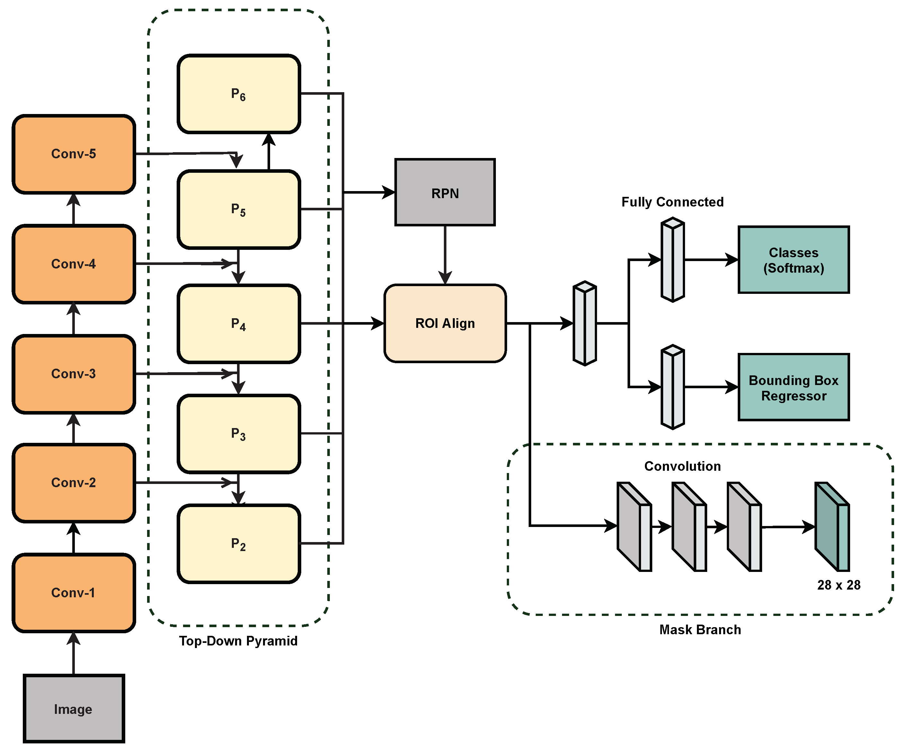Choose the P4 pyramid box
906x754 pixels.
[x=239, y=323]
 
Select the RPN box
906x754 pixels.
[x=445, y=192]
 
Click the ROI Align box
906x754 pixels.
[x=445, y=323]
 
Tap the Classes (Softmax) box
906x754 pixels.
[x=793, y=260]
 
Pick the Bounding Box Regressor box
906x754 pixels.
[x=793, y=387]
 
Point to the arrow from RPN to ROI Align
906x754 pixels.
[x=445, y=255]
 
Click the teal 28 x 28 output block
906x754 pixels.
[x=832, y=527]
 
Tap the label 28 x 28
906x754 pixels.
[x=838, y=585]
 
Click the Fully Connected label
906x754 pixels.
[x=672, y=202]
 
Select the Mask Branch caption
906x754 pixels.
[x=700, y=630]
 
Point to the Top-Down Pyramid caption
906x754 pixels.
[x=238, y=641]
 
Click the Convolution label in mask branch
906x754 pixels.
[x=682, y=466]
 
